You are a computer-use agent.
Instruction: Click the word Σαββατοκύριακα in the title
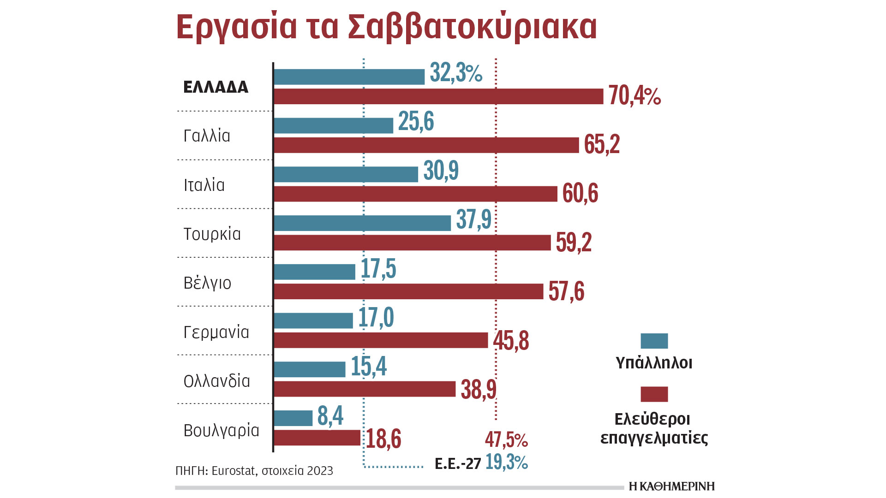coord(472,27)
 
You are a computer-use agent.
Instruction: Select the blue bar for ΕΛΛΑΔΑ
coord(349,77)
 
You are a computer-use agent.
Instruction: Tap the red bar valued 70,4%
coord(438,96)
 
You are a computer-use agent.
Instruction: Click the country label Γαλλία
coord(207,136)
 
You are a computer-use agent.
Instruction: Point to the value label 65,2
coord(602,144)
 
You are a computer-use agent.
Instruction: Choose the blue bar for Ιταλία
coord(346,174)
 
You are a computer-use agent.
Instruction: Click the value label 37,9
coord(474,219)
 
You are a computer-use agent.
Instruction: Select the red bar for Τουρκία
coord(412,243)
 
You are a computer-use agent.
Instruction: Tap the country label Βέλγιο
coord(207,283)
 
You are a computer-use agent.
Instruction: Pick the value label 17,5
coord(378,269)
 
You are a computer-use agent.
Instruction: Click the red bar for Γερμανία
coord(381,340)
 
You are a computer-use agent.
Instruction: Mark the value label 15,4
coord(369,367)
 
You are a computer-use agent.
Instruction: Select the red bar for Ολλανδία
coord(365,389)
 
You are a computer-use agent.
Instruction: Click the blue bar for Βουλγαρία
coord(293,418)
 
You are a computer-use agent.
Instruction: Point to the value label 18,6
coord(383,439)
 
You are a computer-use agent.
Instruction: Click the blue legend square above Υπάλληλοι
coord(654,341)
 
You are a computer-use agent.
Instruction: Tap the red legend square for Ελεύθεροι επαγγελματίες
coord(654,394)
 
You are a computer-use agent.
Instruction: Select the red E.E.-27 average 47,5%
coord(506,440)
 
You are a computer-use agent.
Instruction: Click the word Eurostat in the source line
coord(233,471)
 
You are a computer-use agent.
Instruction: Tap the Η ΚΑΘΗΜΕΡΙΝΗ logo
coord(671,486)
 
